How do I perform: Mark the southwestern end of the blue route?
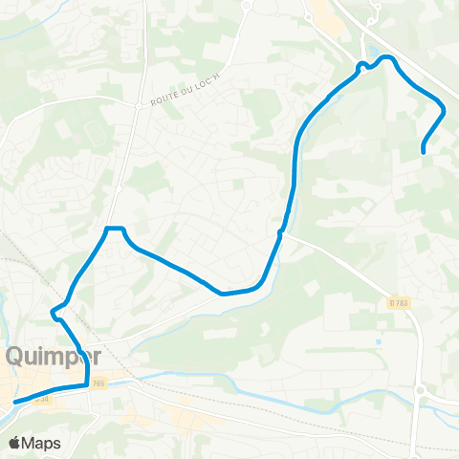[14, 404]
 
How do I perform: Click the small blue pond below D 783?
[380, 341]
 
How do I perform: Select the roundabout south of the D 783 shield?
[419, 389]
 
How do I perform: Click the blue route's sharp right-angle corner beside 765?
[87, 384]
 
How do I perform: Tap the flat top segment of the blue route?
[115, 228]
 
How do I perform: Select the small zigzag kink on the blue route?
[57, 309]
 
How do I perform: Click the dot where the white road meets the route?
[280, 231]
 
